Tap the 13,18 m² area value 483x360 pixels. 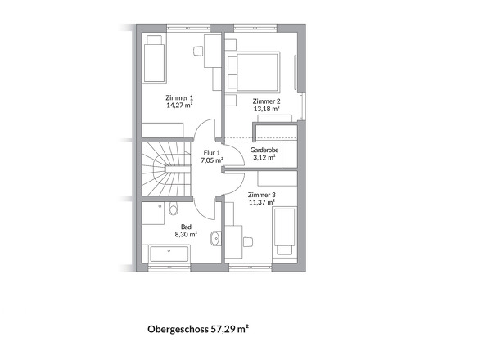[x=266, y=108]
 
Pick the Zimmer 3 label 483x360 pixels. [x=261, y=195]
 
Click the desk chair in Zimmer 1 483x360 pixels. [x=199, y=51]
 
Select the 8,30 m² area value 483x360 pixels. [x=186, y=233]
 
